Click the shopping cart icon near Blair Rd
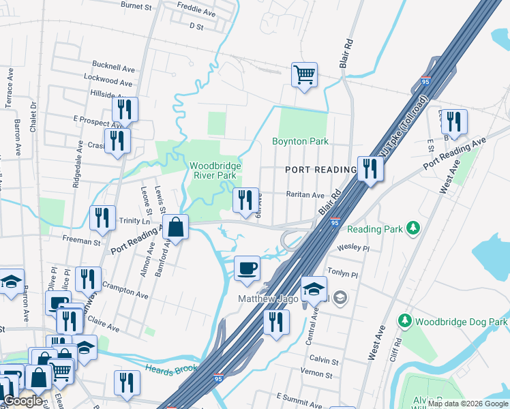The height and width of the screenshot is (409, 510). pyautogui.click(x=304, y=74)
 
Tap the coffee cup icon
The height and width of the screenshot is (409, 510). pyautogui.click(x=246, y=267)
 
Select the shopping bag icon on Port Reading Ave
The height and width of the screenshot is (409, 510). pyautogui.click(x=175, y=227)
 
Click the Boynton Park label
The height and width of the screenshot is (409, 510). pyautogui.click(x=300, y=142)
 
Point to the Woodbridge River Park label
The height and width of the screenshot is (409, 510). pyautogui.click(x=213, y=170)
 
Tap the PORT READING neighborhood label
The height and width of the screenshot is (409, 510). pyautogui.click(x=320, y=170)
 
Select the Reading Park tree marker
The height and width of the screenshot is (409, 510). pyautogui.click(x=412, y=228)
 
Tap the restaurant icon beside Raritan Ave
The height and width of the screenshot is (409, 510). pyautogui.click(x=246, y=199)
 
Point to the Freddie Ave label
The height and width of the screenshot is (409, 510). pyautogui.click(x=196, y=13)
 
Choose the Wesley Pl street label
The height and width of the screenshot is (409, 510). pyautogui.click(x=352, y=248)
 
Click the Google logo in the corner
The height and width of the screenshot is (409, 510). pyautogui.click(x=22, y=400)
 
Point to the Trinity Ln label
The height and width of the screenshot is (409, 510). pyautogui.click(x=135, y=221)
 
